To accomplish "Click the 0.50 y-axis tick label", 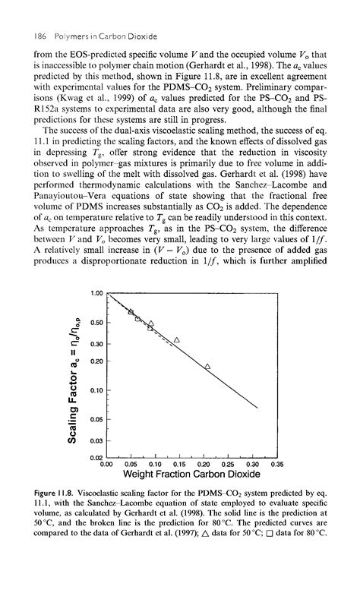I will coord(96,323).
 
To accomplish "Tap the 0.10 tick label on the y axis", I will coord(96,391).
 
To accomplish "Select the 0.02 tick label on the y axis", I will coord(96,456).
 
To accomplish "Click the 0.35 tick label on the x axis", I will coord(276,463).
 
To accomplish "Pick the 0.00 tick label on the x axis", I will coord(106,463).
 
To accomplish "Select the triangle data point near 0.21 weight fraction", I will coord(207,367).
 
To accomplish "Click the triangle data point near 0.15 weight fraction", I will coord(177,339).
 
